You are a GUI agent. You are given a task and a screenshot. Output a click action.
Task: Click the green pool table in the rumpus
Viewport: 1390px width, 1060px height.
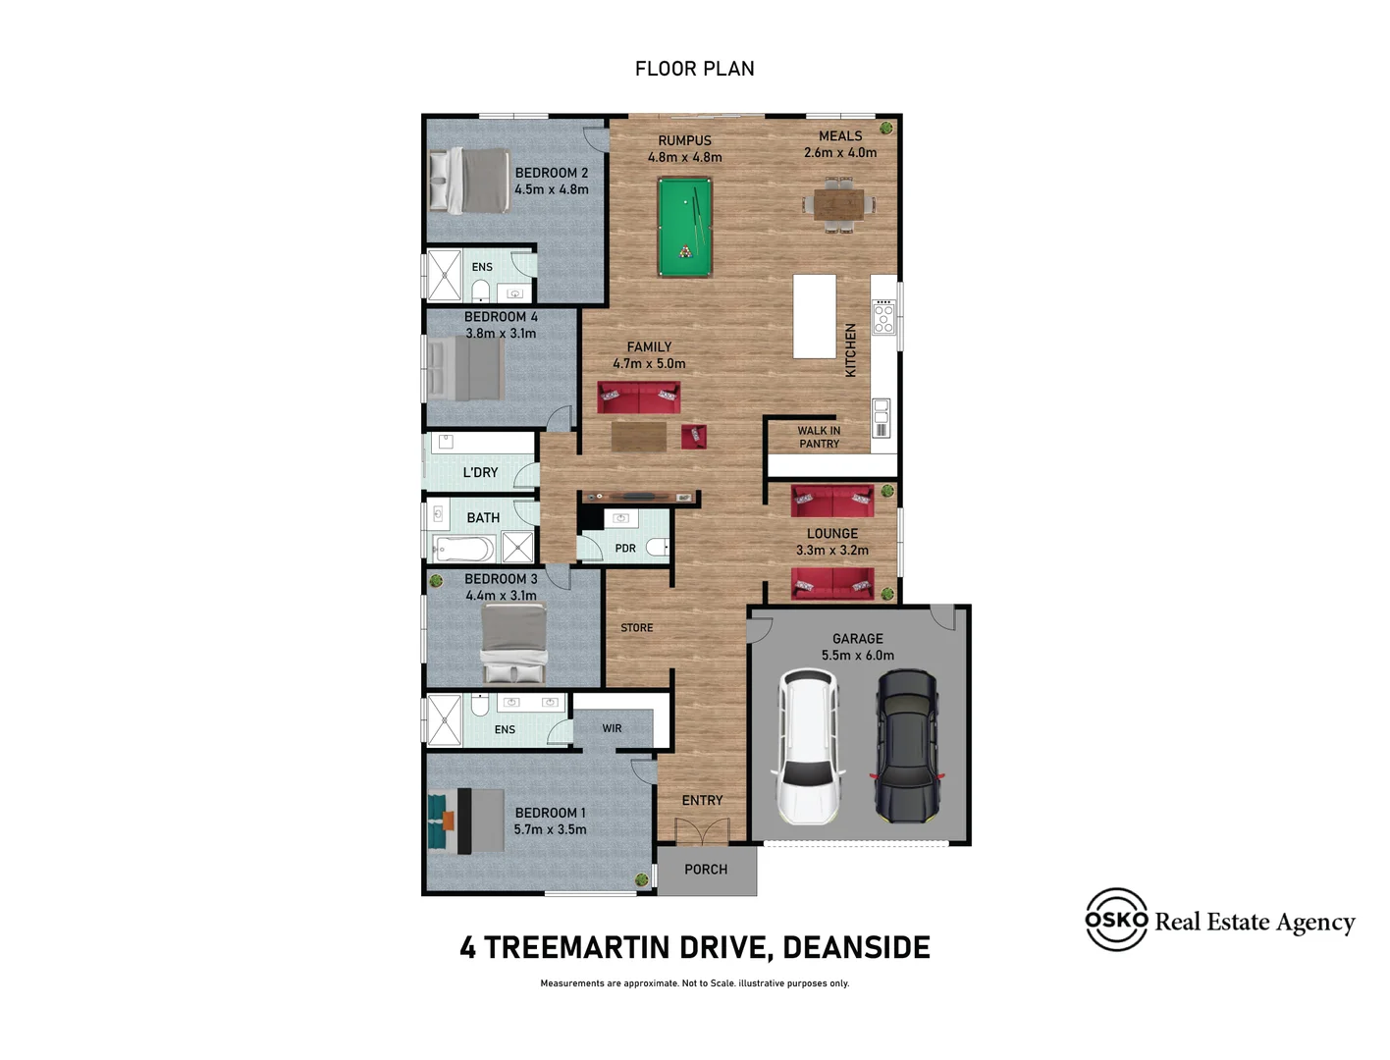click(x=684, y=228)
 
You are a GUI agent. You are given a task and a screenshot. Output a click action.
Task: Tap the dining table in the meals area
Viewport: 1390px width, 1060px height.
click(x=839, y=204)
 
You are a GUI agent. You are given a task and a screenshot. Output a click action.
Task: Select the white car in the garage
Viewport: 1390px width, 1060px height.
click(x=808, y=747)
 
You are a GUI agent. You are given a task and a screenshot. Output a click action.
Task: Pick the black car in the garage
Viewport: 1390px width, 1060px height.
click(x=907, y=747)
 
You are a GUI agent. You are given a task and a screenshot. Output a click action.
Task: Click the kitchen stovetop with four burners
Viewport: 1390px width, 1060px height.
click(x=883, y=317)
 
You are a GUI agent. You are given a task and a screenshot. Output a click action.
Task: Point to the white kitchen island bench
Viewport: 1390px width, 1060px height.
click(x=815, y=317)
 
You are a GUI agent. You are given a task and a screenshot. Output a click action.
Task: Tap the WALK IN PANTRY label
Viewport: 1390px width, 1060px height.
click(x=819, y=437)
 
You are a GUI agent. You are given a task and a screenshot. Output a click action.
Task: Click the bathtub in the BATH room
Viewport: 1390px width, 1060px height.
click(x=463, y=549)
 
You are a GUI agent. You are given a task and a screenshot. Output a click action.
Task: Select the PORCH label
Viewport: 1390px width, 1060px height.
click(x=706, y=870)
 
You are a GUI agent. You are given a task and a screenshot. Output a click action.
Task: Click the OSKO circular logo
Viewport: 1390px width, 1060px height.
click(x=1116, y=919)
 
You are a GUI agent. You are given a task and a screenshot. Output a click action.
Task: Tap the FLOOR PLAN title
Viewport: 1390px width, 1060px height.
click(x=695, y=69)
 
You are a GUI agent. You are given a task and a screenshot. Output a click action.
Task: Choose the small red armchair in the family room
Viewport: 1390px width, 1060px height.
click(x=693, y=437)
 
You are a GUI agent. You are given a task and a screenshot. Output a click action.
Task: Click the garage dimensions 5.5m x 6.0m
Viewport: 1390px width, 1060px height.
click(x=858, y=656)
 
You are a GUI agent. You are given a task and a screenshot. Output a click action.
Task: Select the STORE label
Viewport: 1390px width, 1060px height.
click(x=637, y=627)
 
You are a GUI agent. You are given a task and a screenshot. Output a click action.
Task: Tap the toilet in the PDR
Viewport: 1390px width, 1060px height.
click(x=658, y=547)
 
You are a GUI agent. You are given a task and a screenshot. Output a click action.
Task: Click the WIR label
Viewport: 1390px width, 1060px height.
click(x=612, y=728)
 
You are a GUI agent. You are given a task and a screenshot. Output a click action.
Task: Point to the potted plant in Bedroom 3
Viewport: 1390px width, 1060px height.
click(x=435, y=580)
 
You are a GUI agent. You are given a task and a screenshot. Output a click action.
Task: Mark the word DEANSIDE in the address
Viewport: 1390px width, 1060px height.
click(x=857, y=948)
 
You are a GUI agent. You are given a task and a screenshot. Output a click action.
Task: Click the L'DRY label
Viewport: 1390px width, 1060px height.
click(x=481, y=472)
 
